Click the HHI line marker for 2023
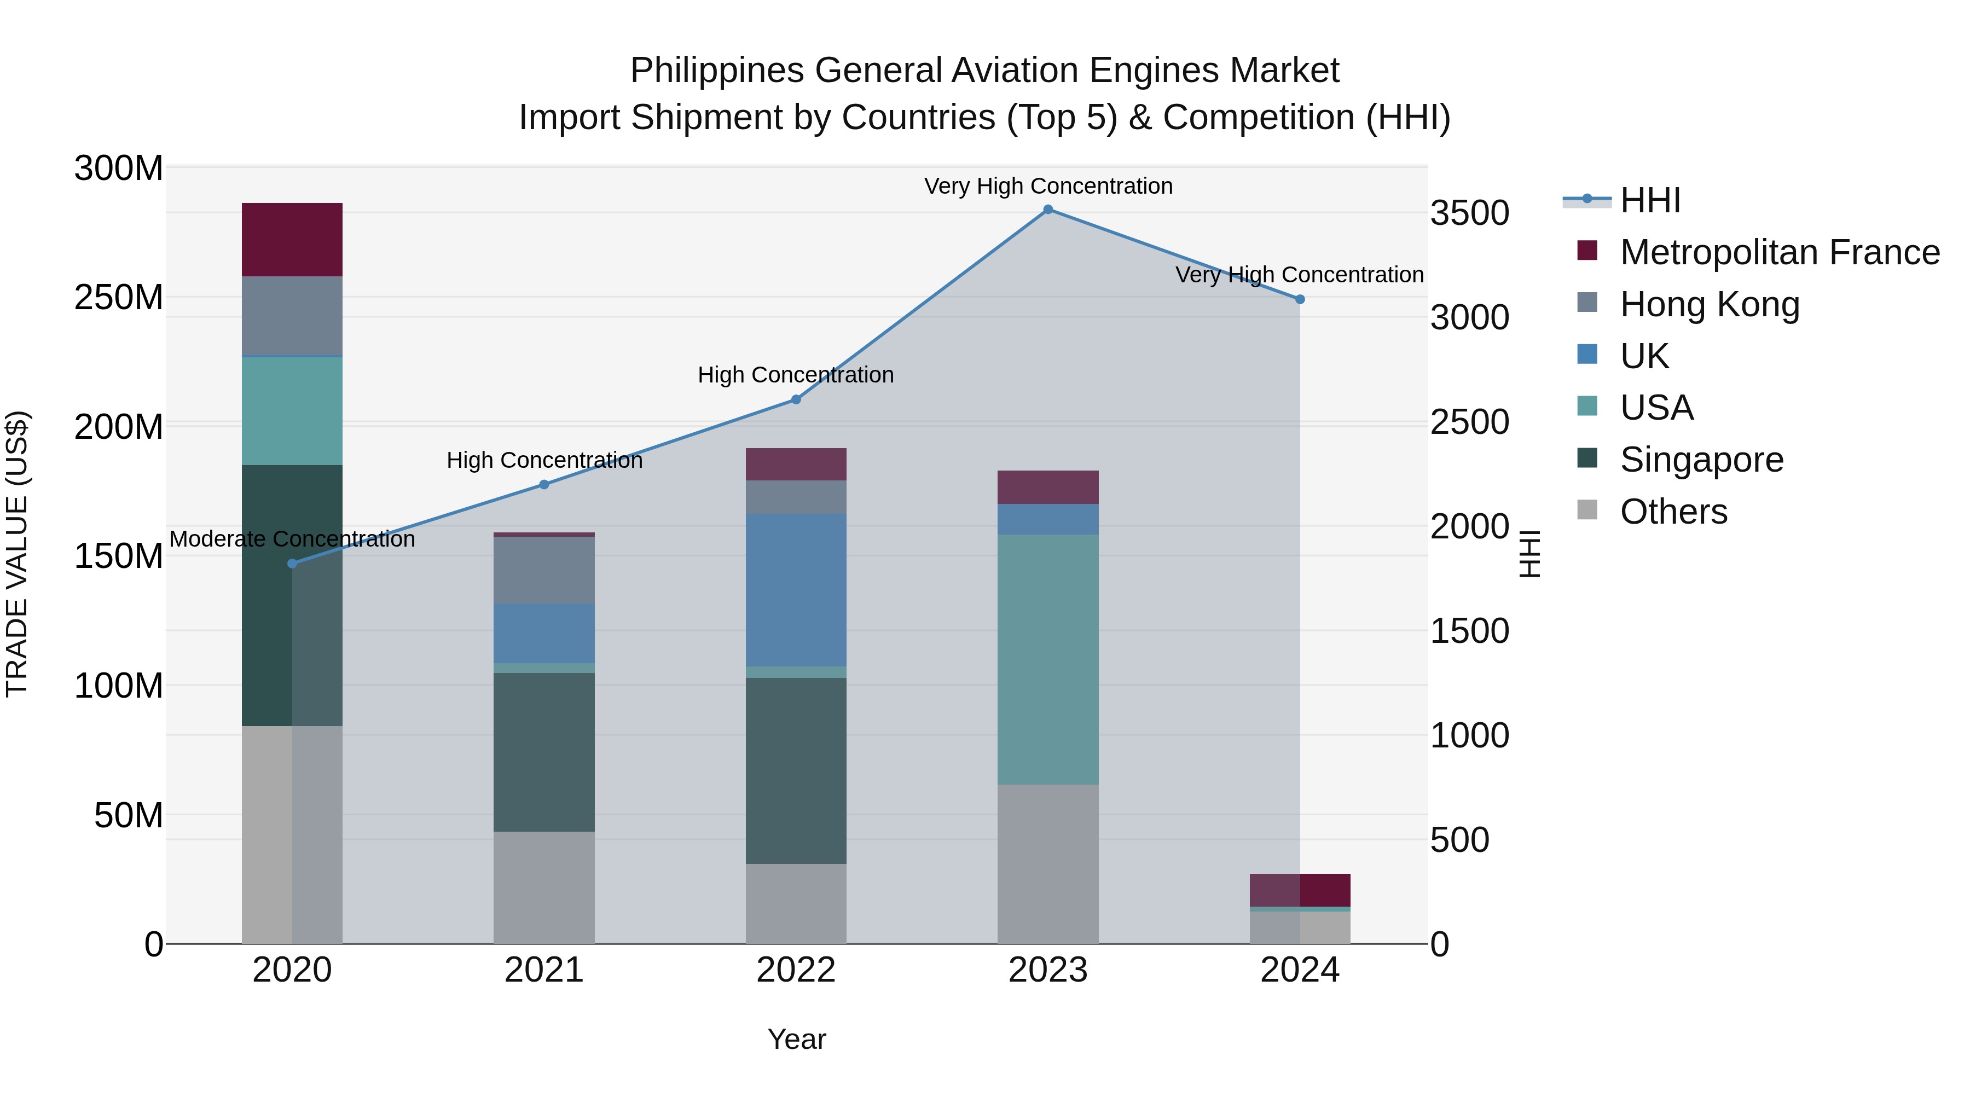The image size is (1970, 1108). coord(1048,210)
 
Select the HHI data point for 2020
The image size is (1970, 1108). coord(292,564)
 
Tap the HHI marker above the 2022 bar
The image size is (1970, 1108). coord(795,399)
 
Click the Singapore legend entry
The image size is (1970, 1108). coord(1701,460)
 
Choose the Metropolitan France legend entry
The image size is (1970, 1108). coord(1779,252)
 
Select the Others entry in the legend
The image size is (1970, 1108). coord(1673,512)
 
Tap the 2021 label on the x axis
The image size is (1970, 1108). coord(544,970)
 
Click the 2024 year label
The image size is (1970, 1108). coord(1299,970)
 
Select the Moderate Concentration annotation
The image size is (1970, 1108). coord(292,539)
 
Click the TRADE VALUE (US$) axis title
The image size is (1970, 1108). coord(17,554)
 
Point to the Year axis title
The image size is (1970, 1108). coord(796,1039)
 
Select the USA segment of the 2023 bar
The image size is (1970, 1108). coord(1048,659)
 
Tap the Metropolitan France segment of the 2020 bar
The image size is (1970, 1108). coord(292,239)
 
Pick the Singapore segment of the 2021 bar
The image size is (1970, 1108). coord(544,752)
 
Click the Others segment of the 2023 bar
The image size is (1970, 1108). coord(1048,864)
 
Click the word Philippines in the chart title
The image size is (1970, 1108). coord(716,71)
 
